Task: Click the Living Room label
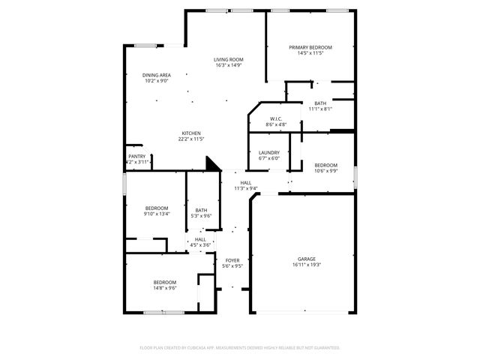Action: [228, 59]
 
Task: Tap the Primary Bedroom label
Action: [310, 47]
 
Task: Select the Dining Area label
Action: [157, 75]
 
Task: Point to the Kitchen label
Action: [191, 133]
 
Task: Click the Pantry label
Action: [136, 156]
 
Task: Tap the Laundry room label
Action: [268, 152]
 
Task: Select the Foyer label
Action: [232, 259]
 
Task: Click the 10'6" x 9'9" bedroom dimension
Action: [325, 171]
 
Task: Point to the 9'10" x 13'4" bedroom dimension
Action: [157, 214]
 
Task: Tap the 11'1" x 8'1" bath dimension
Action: [320, 109]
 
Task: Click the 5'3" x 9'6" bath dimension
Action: [201, 216]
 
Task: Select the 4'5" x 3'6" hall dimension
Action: [200, 245]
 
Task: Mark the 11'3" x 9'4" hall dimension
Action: [246, 188]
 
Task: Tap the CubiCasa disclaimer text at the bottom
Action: [240, 348]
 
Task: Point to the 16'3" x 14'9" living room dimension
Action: [228, 65]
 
